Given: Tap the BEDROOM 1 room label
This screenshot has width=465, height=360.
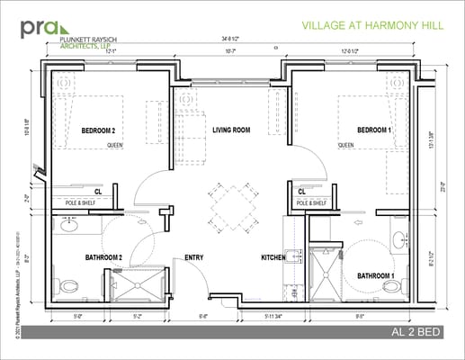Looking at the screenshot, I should (x=374, y=130).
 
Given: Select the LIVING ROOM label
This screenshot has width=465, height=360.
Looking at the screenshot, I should (x=231, y=130).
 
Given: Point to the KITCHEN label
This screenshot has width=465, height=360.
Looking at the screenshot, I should (x=273, y=258).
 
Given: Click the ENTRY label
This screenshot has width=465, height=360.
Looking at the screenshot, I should (x=193, y=258).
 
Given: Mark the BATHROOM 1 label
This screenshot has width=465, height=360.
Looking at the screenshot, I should (x=375, y=274).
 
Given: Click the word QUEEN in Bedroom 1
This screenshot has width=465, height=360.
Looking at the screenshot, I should (x=346, y=145).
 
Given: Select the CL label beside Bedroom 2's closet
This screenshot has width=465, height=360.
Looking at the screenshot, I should (x=98, y=191).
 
